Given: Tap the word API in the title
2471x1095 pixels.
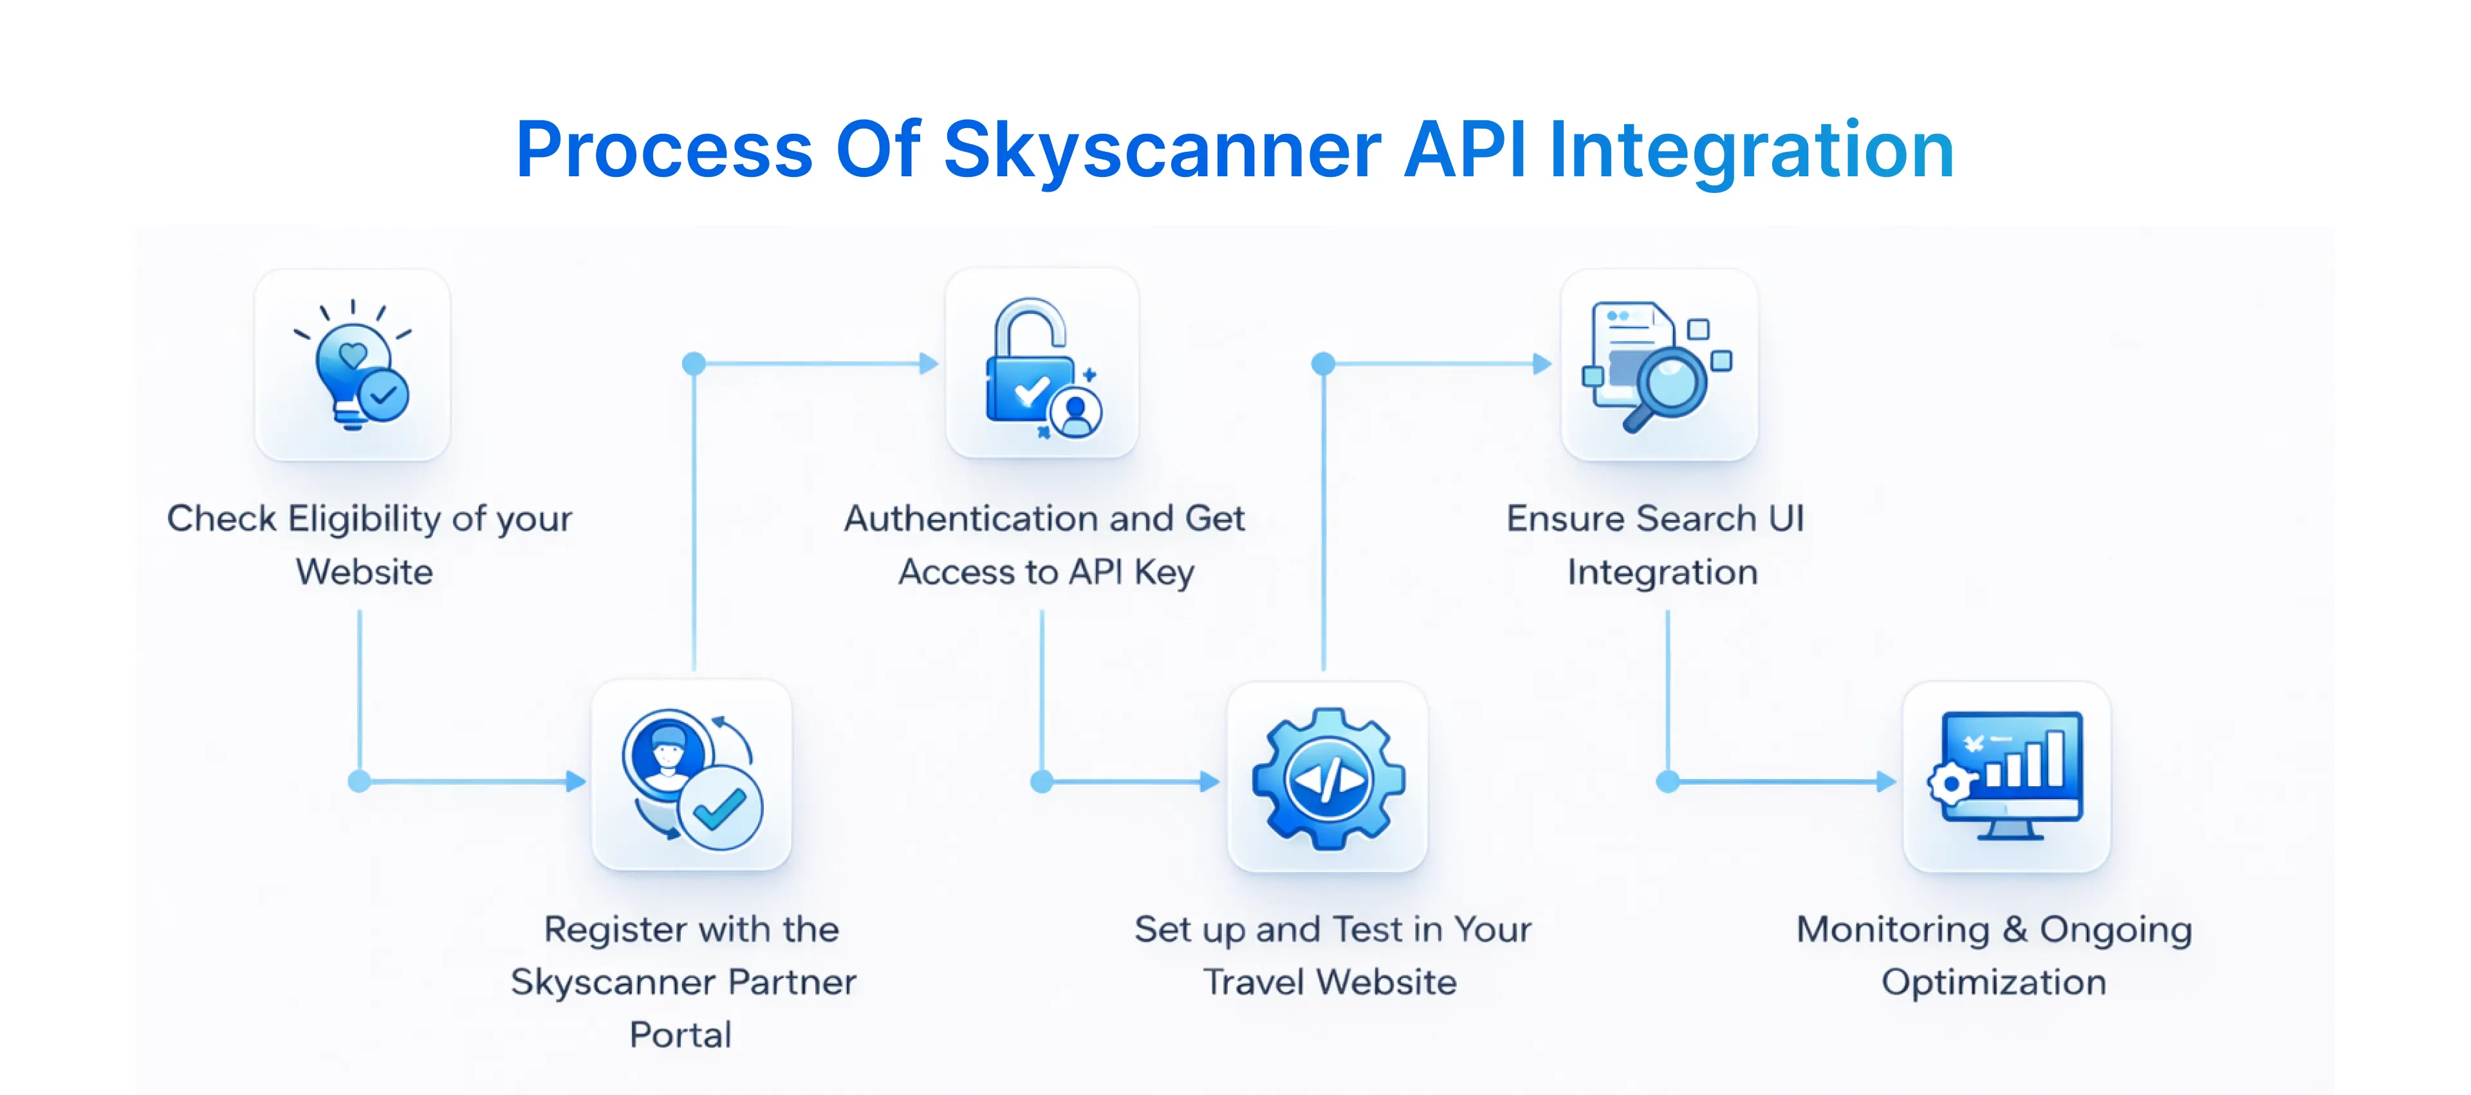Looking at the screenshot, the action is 1464,151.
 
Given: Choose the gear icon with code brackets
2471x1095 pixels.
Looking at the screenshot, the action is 1329,778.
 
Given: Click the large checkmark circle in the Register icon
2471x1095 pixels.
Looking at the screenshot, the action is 719,808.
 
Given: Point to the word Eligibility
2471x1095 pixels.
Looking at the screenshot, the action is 364,519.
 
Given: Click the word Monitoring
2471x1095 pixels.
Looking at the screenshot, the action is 1892,929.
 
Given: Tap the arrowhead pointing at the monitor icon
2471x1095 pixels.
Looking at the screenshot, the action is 1886,782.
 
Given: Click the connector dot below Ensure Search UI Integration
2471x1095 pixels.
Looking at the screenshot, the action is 1668,782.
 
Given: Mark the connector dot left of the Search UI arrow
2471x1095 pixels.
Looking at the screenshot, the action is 1324,363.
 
